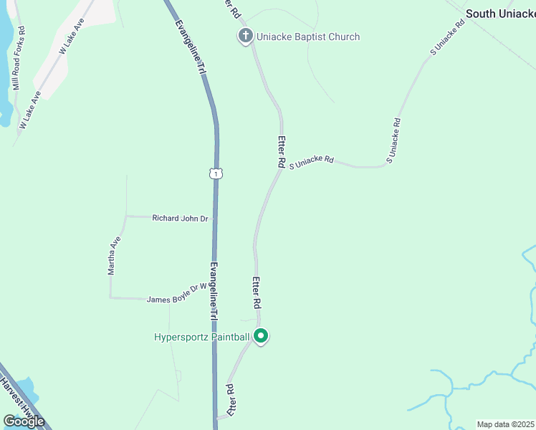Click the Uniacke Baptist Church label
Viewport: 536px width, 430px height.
pyautogui.click(x=308, y=37)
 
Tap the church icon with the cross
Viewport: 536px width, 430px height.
pyautogui.click(x=245, y=36)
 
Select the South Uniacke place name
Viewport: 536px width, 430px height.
pyautogui.click(x=500, y=14)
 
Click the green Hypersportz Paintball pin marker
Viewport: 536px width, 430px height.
pyautogui.click(x=262, y=335)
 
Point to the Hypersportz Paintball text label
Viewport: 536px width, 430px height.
pyautogui.click(x=202, y=337)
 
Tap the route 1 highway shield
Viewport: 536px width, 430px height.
pyautogui.click(x=216, y=173)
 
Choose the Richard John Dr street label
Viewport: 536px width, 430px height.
pyautogui.click(x=180, y=218)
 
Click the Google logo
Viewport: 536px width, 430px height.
pyautogui.click(x=24, y=421)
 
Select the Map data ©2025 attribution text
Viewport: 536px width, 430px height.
pyautogui.click(x=506, y=424)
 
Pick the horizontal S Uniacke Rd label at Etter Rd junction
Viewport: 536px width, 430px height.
pyautogui.click(x=312, y=162)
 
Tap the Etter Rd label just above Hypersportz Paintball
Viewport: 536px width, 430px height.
pyautogui.click(x=256, y=294)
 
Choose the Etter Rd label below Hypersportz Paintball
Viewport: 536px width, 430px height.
pyautogui.click(x=231, y=400)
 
